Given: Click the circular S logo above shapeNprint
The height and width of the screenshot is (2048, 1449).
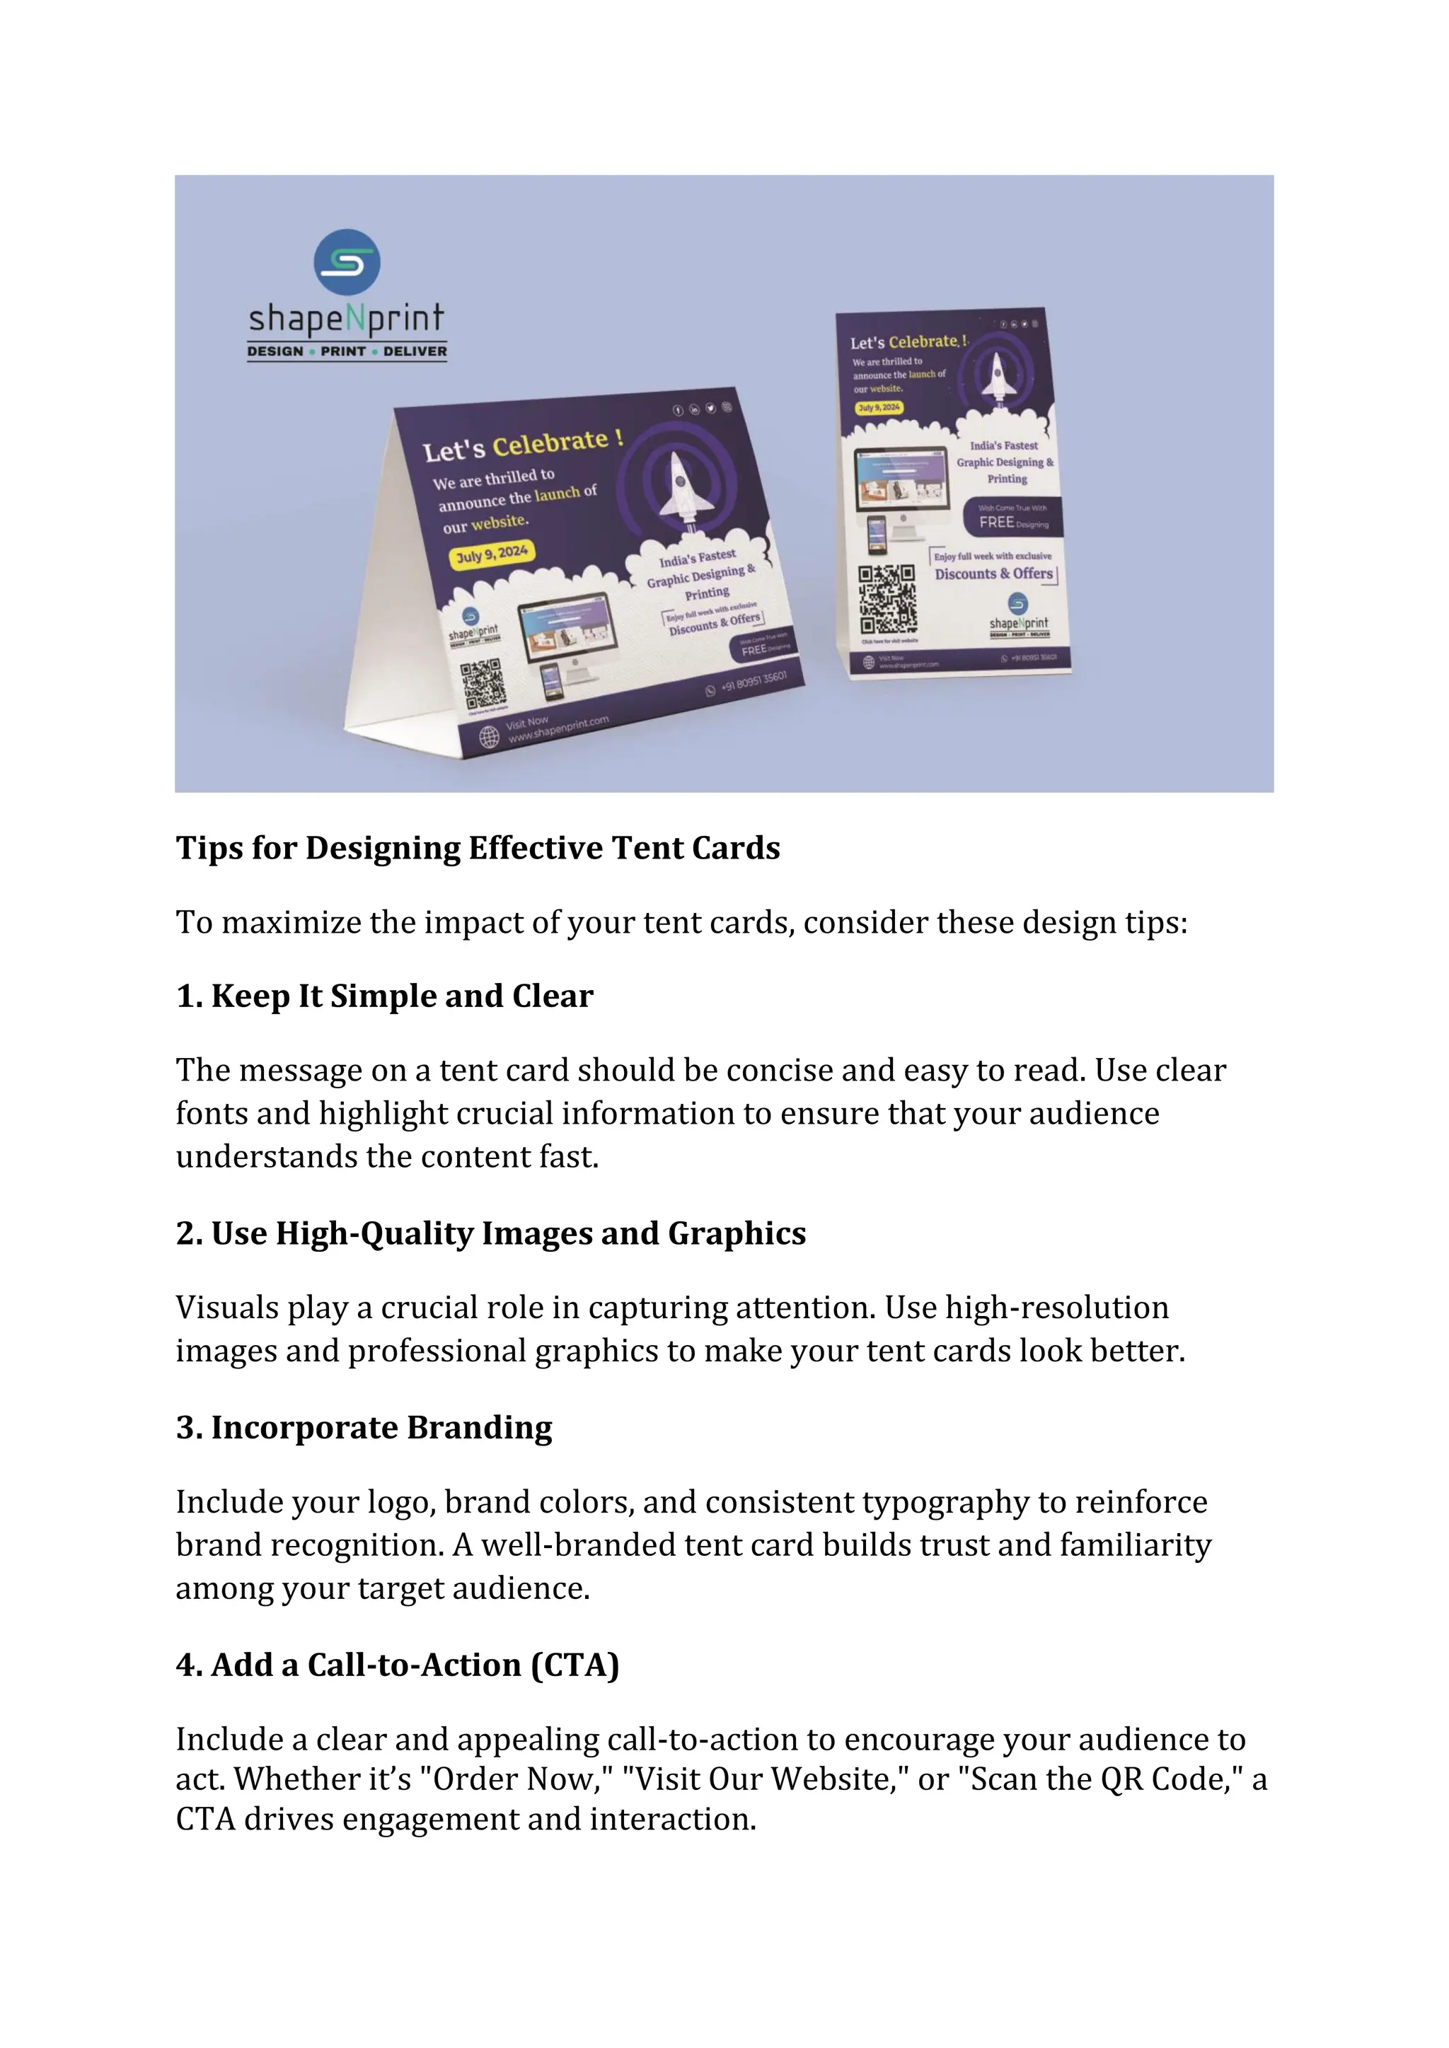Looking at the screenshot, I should click(x=347, y=262).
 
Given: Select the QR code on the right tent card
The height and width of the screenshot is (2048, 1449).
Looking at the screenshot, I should click(x=887, y=600).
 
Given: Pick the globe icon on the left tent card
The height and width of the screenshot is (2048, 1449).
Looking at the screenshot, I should click(x=489, y=737).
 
